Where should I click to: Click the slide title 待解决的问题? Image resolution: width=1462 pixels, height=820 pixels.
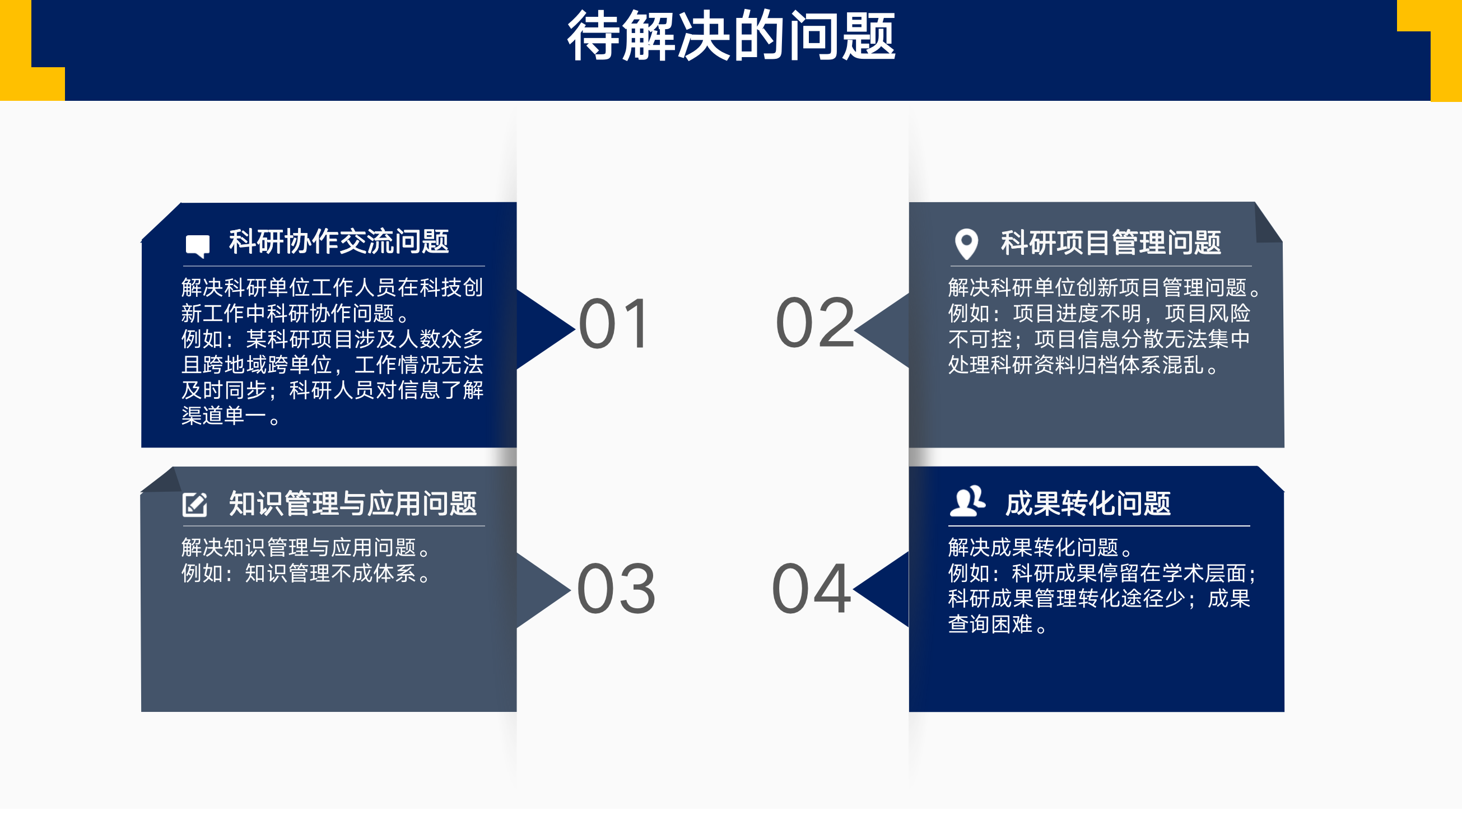click(732, 36)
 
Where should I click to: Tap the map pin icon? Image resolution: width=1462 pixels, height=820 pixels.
click(966, 244)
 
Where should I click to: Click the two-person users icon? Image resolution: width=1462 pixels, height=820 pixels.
click(967, 501)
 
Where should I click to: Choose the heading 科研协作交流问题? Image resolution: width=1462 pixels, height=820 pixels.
click(339, 242)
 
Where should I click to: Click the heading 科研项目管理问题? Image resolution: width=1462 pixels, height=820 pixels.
click(1111, 243)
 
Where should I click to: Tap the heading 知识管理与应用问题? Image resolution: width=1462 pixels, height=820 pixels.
click(352, 504)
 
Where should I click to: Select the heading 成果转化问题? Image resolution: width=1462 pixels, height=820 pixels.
click(1088, 504)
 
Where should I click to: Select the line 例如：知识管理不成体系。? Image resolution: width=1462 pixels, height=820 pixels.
click(306, 574)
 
